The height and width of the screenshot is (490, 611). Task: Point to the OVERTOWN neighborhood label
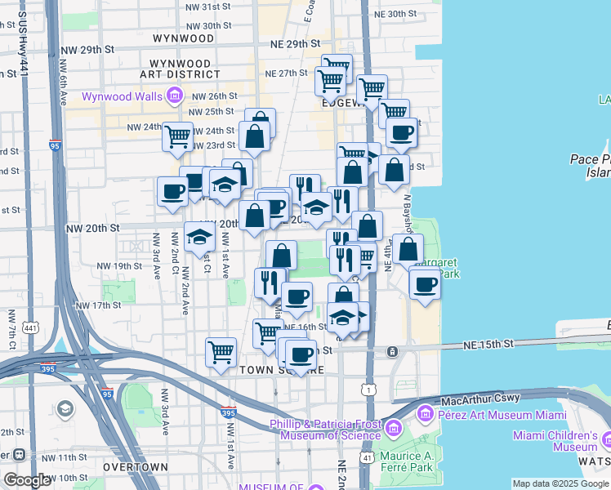pos(136,468)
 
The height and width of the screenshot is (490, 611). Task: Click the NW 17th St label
pos(98,305)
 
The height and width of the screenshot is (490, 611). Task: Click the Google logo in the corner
pos(27,480)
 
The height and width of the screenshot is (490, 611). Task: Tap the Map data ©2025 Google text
pos(560,483)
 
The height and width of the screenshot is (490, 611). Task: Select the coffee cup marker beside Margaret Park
pos(424,284)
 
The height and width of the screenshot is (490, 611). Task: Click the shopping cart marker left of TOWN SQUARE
pos(221,352)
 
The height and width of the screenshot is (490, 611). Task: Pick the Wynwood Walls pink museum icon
pos(173,97)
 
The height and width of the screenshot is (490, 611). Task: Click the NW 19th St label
pos(119,266)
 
